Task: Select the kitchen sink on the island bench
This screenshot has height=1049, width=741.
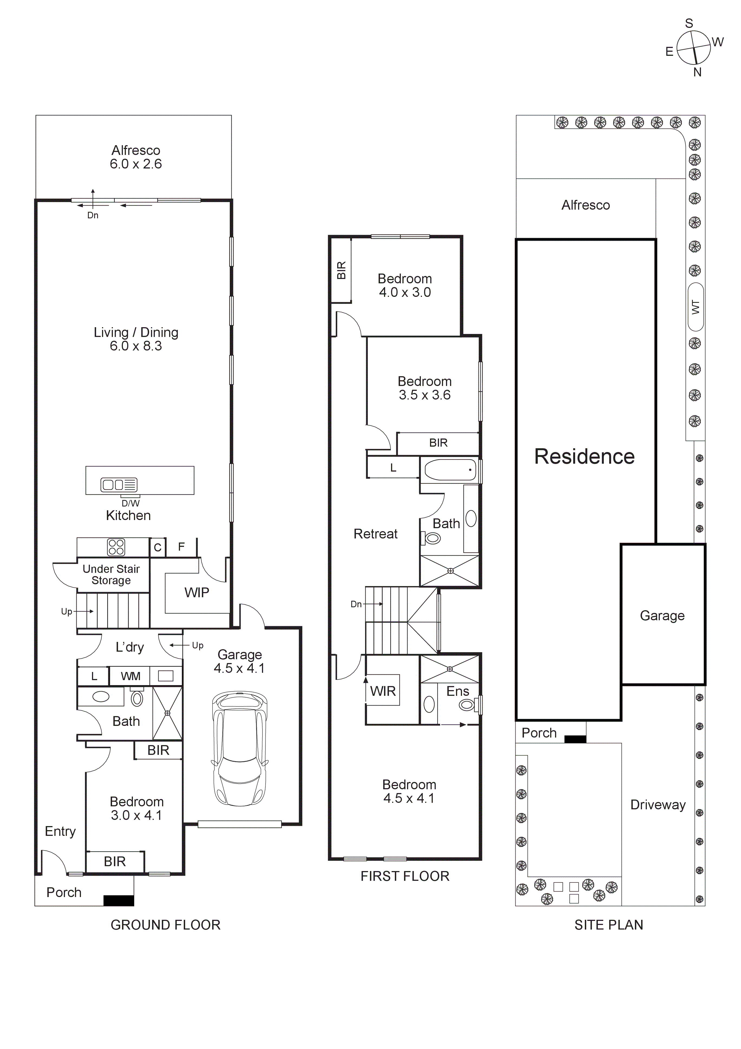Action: pyautogui.click(x=119, y=485)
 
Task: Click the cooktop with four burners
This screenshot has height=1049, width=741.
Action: pyautogui.click(x=116, y=547)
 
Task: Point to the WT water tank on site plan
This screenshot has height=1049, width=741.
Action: pyautogui.click(x=695, y=307)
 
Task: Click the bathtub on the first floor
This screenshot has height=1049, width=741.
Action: pyautogui.click(x=450, y=470)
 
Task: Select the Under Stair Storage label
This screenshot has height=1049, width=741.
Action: pyautogui.click(x=111, y=575)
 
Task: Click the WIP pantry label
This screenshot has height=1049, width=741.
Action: pyautogui.click(x=197, y=593)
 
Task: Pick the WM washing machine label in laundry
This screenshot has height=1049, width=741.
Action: pyautogui.click(x=130, y=676)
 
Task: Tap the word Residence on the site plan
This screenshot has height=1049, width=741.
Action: pyautogui.click(x=584, y=456)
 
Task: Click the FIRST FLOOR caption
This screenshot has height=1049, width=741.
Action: pyautogui.click(x=405, y=876)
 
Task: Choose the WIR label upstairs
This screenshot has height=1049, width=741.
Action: pyautogui.click(x=383, y=691)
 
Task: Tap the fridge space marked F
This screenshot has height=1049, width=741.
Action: pyautogui.click(x=181, y=547)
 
